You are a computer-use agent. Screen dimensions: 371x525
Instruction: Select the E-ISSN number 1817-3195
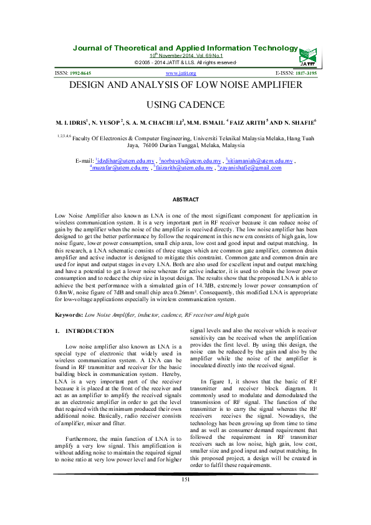coord(305,74)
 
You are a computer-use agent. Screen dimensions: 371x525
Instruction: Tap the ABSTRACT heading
coord(185,200)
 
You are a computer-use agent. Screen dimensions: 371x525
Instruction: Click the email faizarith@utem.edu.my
coord(190,168)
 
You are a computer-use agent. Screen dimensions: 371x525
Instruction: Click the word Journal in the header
coord(90,48)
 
